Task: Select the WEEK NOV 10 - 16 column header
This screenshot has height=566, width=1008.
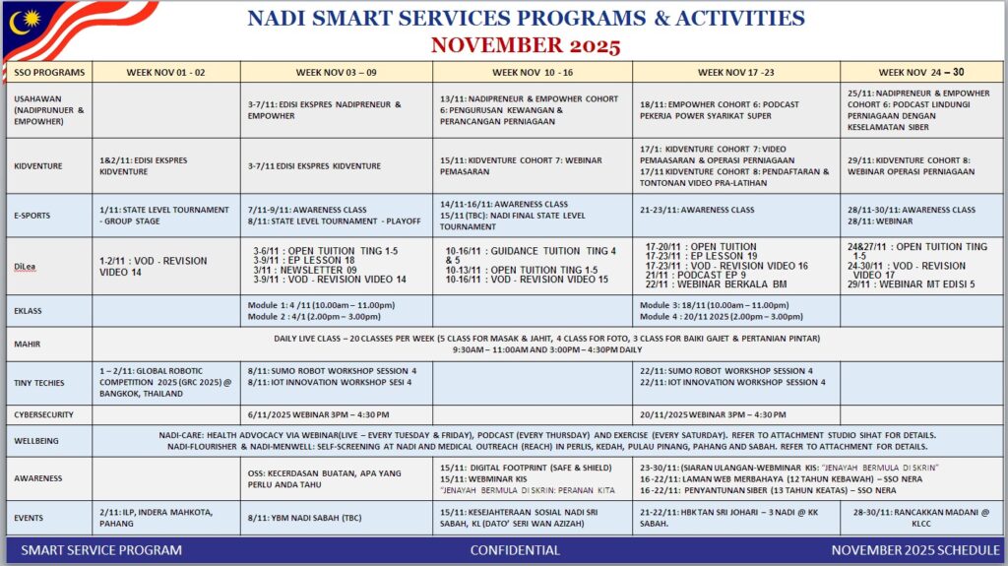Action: pos(532,72)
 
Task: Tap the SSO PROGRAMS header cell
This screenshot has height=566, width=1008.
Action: pos(49,72)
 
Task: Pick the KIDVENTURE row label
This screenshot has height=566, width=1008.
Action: pos(38,165)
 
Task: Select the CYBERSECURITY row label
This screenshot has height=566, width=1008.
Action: pos(44,414)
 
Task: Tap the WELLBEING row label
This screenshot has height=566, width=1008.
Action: pos(38,440)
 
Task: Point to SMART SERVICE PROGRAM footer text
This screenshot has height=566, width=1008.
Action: pos(101,550)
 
